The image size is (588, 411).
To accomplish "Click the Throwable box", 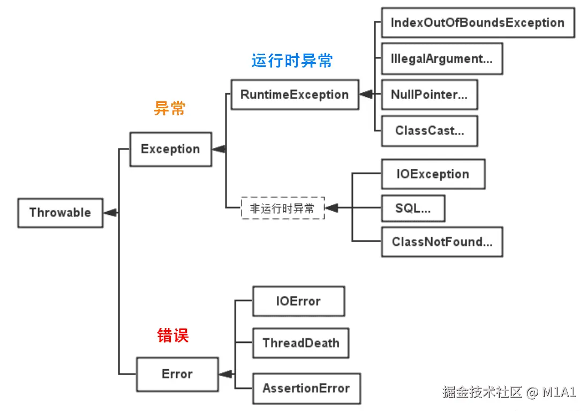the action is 61,213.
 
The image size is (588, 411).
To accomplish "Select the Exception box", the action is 171,149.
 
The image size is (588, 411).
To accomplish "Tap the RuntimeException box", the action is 295,95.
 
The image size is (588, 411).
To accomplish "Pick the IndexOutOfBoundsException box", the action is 478,23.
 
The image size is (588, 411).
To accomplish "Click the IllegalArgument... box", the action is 442,58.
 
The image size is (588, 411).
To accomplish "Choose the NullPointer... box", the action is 429,95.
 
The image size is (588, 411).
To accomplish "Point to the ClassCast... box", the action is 429,131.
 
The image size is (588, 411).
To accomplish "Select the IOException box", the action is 433,174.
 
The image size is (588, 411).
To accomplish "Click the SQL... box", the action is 413,208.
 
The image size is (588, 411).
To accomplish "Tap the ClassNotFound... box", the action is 442,242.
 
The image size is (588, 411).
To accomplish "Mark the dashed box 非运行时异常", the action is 282,208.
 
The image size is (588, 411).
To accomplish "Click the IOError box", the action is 298,301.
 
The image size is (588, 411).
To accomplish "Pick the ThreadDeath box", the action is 301,343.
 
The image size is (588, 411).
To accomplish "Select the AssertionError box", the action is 306,388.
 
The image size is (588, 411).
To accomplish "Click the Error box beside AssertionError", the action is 177,374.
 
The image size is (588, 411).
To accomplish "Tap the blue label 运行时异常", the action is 292,61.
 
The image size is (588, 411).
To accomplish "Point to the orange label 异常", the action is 170,108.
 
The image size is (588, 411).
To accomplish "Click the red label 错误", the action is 173,335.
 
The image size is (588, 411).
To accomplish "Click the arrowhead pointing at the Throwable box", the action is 110,213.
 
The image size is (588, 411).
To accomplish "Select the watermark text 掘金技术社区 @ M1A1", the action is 509,392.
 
